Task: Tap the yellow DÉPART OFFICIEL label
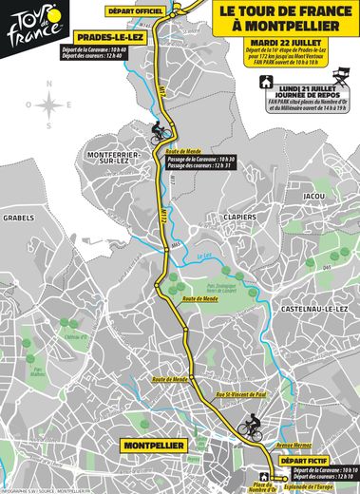(x=137, y=9)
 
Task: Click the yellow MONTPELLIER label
(x=142, y=443)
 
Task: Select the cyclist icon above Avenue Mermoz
(x=252, y=425)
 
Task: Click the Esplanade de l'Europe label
(x=308, y=487)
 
